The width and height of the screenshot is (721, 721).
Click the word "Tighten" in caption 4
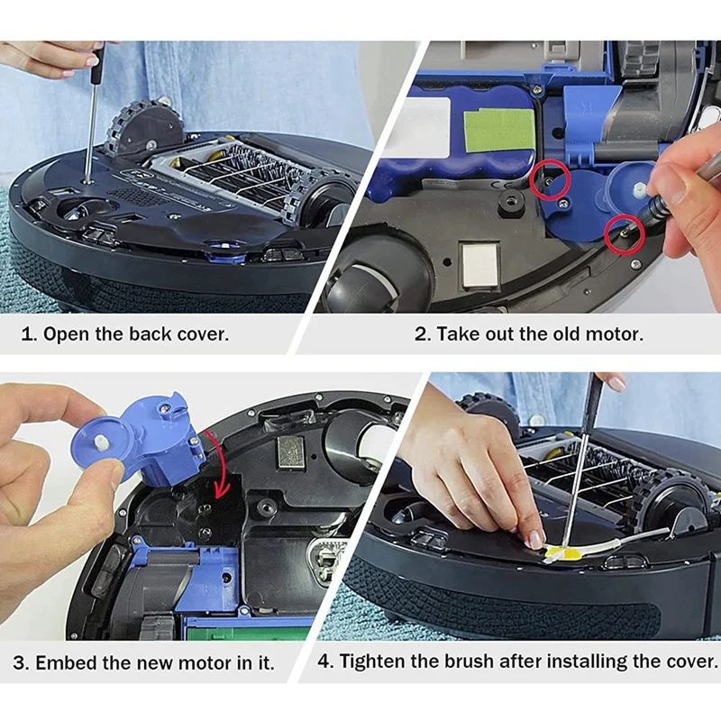pos(372,662)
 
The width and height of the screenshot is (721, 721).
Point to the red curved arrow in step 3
pos(222,464)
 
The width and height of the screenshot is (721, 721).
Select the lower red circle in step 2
pos(624,233)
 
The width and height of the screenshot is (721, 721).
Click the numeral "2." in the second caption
pos(423,334)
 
